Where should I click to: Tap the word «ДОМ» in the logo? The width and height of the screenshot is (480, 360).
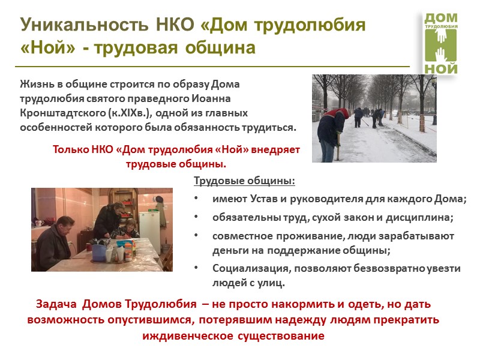coord(441,18)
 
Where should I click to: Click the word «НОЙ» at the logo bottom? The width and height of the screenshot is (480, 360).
coord(441,67)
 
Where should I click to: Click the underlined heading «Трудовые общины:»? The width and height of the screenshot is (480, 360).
coord(245,182)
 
